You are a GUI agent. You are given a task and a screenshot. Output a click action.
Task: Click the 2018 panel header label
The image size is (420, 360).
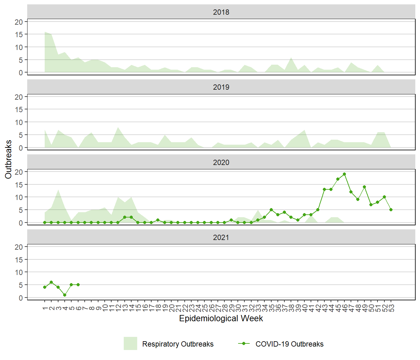point(221,12)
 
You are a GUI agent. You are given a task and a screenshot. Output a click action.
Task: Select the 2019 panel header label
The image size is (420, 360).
point(221,87)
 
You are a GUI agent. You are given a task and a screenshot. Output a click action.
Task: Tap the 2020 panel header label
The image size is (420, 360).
point(221,162)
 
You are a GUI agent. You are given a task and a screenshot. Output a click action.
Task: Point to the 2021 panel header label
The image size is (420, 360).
point(221,237)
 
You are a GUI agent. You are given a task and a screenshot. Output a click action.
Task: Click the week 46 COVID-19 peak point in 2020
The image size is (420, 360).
point(344,174)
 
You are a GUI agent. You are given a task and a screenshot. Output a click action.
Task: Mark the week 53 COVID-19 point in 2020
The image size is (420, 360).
point(391,210)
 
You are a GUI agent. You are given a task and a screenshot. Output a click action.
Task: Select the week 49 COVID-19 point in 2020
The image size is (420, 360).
point(364,187)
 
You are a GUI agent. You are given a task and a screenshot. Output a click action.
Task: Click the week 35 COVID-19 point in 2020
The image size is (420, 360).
point(271,210)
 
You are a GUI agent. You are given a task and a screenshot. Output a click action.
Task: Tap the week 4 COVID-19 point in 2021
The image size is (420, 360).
point(65,295)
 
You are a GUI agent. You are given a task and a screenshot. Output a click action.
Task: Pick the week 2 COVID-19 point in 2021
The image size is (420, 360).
point(51,282)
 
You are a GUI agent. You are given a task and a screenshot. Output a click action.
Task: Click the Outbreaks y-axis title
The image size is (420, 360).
point(8,159)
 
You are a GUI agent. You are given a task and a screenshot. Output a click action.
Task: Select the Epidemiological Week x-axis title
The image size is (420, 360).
point(221,318)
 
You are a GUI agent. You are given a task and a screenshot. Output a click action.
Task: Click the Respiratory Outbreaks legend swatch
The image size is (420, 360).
point(130,343)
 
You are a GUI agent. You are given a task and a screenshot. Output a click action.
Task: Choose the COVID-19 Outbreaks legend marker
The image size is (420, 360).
point(244,343)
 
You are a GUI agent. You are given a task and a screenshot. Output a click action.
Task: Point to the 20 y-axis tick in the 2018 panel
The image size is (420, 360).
point(19,22)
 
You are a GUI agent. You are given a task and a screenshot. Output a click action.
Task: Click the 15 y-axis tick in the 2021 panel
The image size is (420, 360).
point(19,260)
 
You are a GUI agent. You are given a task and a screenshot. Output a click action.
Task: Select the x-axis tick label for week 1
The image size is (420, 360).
point(45,308)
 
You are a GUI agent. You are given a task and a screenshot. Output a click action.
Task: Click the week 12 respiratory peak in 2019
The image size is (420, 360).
point(118,127)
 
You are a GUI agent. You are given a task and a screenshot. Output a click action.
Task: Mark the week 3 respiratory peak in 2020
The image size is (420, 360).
point(58,190)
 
